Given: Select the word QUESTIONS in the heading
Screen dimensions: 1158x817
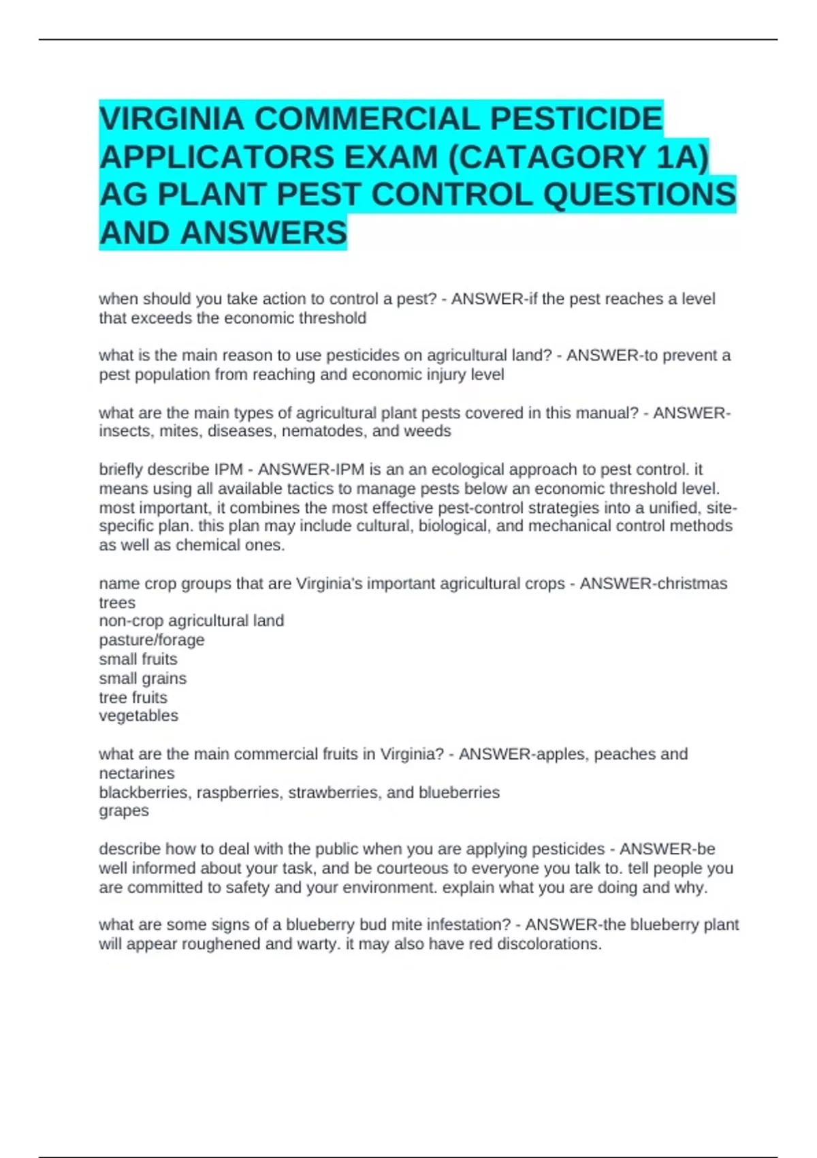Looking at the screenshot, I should click(x=639, y=195).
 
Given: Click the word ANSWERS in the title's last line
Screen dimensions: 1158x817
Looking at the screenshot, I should click(x=263, y=233).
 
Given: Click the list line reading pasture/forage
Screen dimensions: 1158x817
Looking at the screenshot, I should click(x=152, y=640).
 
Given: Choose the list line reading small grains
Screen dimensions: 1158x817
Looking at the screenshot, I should click(x=143, y=678).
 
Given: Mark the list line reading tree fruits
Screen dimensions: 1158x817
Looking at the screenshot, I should click(x=133, y=698).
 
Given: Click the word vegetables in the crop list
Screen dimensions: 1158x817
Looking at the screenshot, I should click(x=139, y=716).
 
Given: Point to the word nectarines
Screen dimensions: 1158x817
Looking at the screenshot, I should click(x=137, y=774).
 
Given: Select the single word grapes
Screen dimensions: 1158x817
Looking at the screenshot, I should click(x=124, y=811).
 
